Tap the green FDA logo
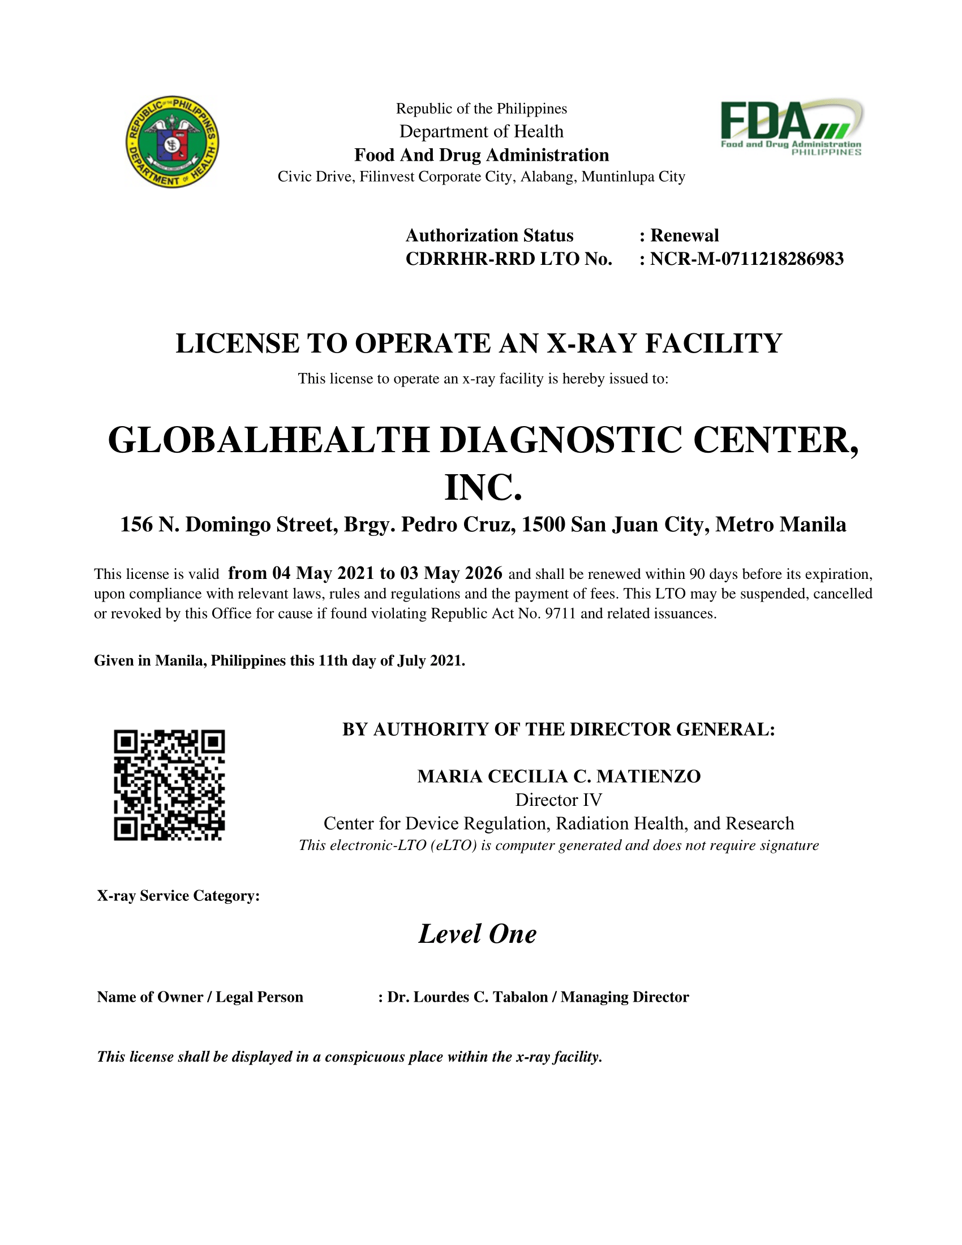791,127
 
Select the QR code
169,785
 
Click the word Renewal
685,235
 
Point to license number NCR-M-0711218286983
746,259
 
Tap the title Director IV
559,800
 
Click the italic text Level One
478,934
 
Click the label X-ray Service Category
178,896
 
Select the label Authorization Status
489,235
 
